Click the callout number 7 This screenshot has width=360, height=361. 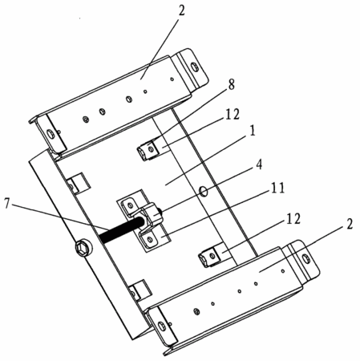coord(7,204)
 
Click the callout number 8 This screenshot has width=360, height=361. coord(231,84)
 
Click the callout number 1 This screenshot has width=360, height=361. coord(252,131)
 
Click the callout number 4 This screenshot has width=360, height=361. coord(259,164)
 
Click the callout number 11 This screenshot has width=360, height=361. coord(277,188)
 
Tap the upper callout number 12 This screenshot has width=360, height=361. coord(233,115)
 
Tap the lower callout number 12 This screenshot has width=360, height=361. coord(293,218)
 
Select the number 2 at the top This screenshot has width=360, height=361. coord(181,11)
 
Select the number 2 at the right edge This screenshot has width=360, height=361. coord(350,224)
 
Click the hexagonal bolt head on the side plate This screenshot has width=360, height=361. coord(82,249)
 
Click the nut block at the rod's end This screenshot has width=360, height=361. coord(153,214)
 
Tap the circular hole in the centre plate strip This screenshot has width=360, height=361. coord(204,191)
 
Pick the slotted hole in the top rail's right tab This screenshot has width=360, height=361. coord(195,67)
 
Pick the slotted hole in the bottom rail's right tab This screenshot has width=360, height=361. coord(306,258)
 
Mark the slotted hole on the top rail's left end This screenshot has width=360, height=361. coord(50,133)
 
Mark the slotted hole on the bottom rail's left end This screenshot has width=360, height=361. coord(161,327)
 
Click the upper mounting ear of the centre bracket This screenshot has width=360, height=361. coord(130,205)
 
